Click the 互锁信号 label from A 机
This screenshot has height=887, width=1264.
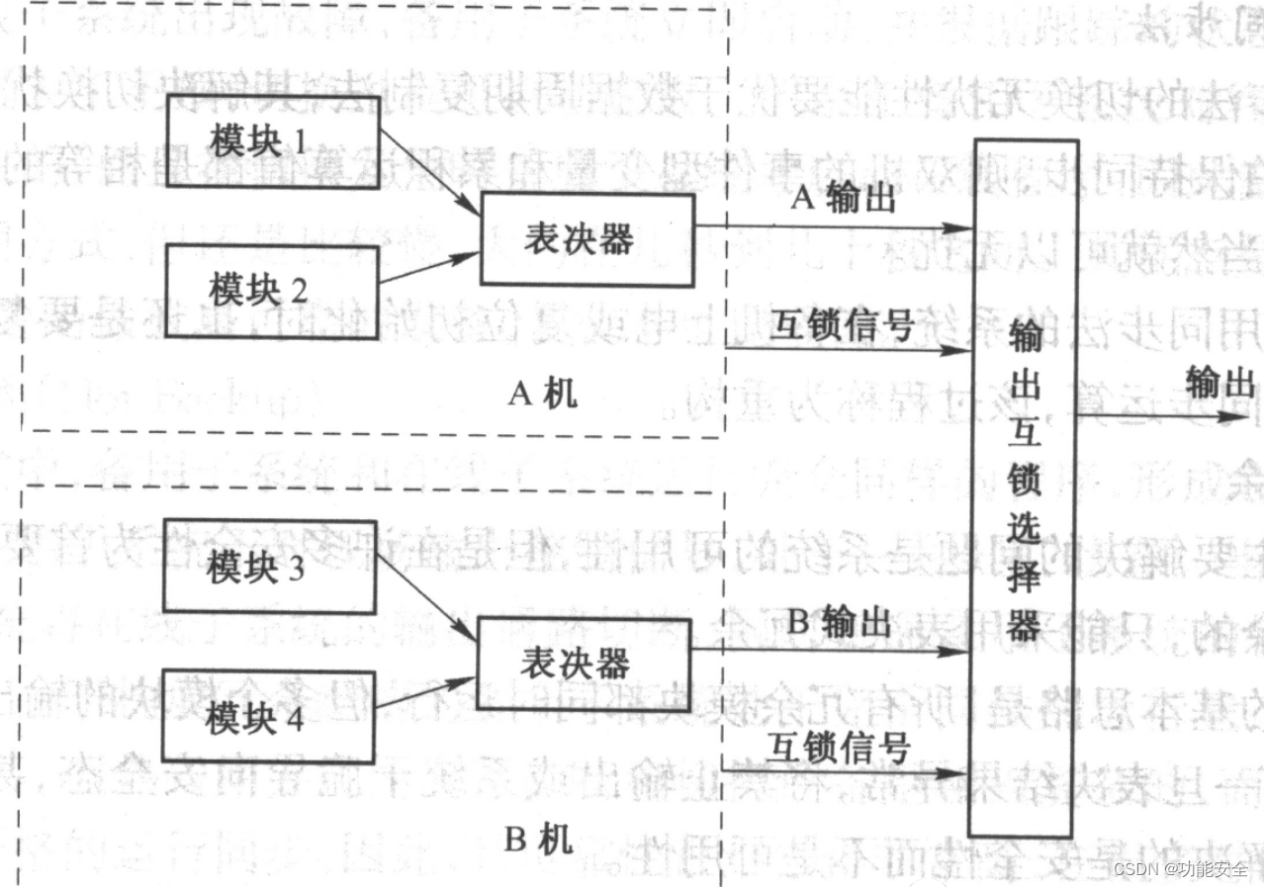[x=841, y=324]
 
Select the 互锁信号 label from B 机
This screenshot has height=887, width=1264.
[x=839, y=749]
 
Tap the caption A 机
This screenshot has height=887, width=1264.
[x=541, y=394]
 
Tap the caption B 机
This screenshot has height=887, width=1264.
[x=538, y=840]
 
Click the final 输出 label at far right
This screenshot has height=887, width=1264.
[x=1220, y=382]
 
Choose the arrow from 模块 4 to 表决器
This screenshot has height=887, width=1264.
[x=424, y=694]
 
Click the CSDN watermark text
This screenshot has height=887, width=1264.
[x=1181, y=866]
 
